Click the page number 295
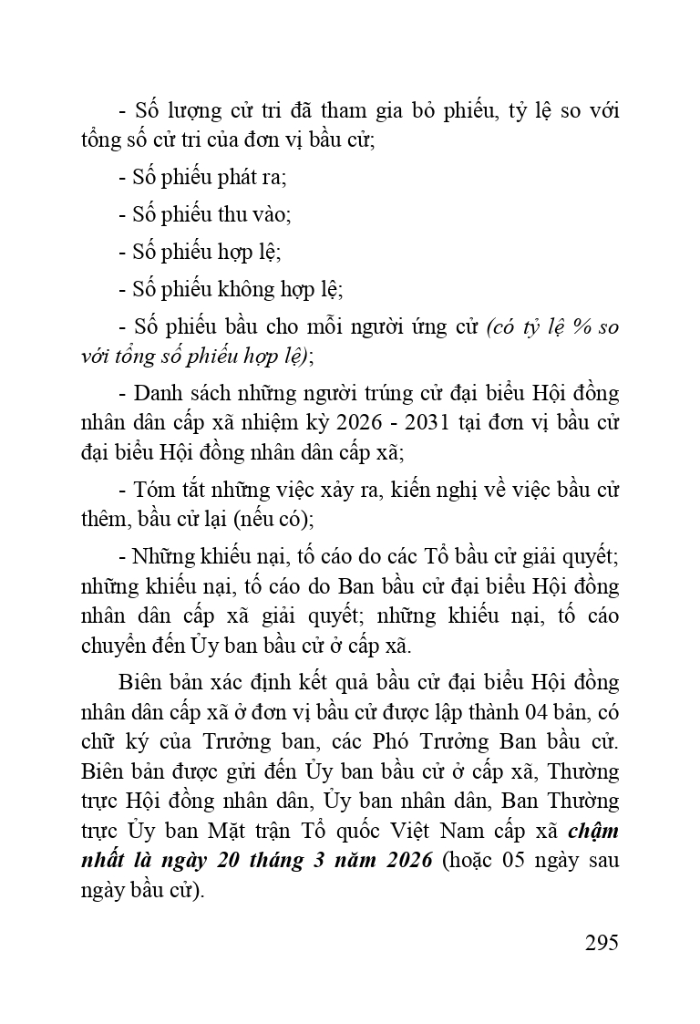pyautogui.click(x=602, y=942)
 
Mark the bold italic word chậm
pyautogui.click(x=593, y=831)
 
